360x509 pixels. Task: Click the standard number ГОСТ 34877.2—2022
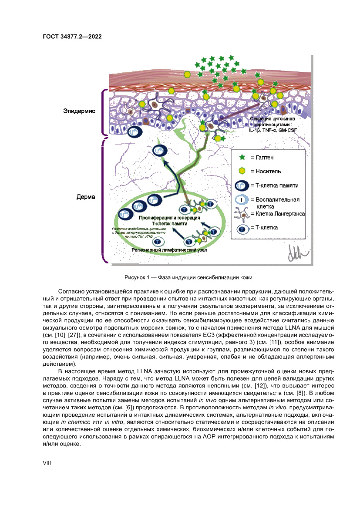(x=72, y=37)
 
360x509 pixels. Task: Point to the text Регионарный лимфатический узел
(x=169, y=250)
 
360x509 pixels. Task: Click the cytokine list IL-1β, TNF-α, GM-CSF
(x=273, y=130)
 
